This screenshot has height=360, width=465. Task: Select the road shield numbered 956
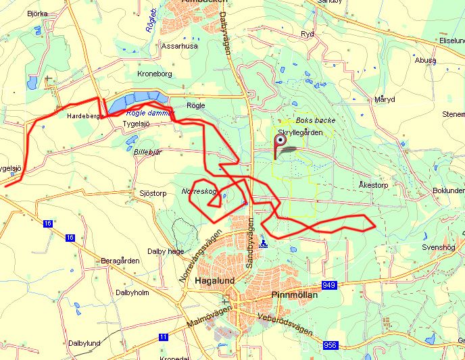coord(330,345)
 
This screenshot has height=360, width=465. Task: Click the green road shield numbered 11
coord(164,336)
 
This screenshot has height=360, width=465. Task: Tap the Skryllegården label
coord(300,132)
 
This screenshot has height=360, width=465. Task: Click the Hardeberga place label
coord(84,116)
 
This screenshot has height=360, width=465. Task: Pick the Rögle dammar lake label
coord(150,113)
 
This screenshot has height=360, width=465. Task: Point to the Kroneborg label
coord(155,73)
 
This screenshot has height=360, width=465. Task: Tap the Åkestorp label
coord(373,184)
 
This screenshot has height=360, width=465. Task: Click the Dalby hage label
coord(166,251)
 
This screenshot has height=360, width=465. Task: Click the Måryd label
coord(384,99)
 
